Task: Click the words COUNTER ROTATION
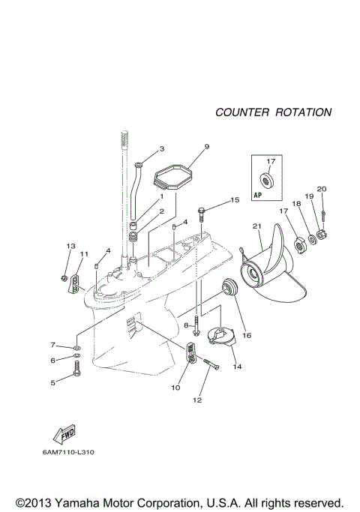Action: click(x=273, y=112)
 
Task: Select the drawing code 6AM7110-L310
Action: click(x=68, y=452)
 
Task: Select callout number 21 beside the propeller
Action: click(x=256, y=226)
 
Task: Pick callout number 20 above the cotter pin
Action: click(x=322, y=189)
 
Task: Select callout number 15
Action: click(x=234, y=200)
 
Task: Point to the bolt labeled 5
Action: click(x=76, y=369)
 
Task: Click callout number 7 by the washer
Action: click(x=52, y=345)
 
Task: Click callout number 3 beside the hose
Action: click(x=160, y=148)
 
